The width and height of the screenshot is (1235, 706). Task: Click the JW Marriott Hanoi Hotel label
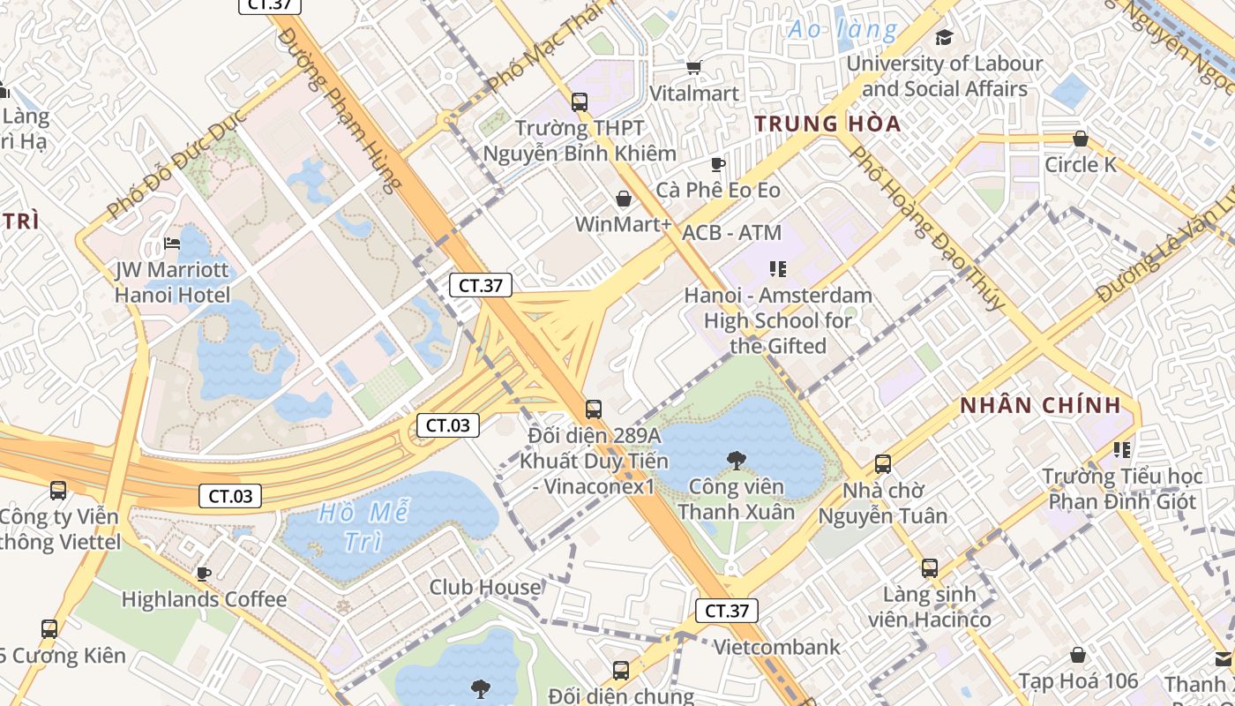(x=172, y=282)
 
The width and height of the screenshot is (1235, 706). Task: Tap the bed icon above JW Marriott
(x=172, y=244)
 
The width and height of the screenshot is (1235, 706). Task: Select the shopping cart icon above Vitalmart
(x=694, y=67)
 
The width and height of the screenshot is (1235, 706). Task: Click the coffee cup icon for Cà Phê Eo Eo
(x=718, y=164)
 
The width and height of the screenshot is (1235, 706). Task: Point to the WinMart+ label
(x=624, y=224)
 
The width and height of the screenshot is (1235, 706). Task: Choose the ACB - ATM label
(x=732, y=233)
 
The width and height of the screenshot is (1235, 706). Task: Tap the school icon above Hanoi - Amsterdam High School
(x=777, y=268)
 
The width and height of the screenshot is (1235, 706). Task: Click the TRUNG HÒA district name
(x=827, y=124)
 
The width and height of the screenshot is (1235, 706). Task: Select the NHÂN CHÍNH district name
(x=1040, y=406)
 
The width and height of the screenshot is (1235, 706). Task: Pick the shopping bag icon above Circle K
(x=1080, y=139)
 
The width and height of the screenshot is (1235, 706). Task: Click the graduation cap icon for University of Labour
(x=945, y=37)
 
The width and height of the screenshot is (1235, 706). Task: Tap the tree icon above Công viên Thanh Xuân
(x=735, y=460)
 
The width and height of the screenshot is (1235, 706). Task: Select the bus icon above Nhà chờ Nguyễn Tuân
(x=882, y=463)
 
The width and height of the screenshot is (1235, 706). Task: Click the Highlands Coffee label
(x=204, y=599)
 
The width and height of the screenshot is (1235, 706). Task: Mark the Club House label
(x=485, y=587)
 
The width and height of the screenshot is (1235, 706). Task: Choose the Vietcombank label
(x=776, y=647)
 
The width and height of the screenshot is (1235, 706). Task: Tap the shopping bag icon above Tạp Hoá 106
(x=1078, y=655)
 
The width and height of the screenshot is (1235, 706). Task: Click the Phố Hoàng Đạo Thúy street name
(x=926, y=228)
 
